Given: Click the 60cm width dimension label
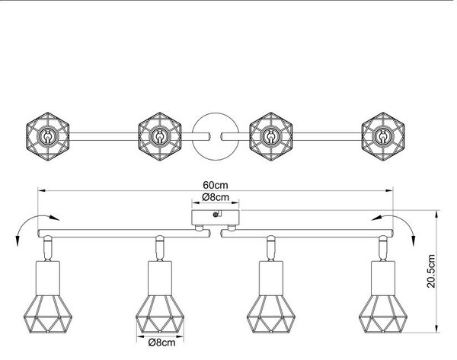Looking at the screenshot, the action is point(216,185).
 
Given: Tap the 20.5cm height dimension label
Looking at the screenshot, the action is point(431,271).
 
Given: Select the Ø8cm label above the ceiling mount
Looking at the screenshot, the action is point(216,197).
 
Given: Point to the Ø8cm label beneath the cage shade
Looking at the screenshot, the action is point(161,342).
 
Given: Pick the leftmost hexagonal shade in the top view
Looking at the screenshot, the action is point(47,136).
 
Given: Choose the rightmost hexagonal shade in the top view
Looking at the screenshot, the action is point(383,136).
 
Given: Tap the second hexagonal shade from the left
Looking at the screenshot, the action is point(160,136).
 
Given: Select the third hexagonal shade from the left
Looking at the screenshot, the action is point(271,136).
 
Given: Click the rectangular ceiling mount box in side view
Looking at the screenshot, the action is point(216,217).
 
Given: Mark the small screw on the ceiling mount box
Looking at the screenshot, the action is point(216,215).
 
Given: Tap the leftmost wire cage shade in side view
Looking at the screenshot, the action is point(47,314).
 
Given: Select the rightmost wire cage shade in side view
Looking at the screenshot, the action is point(383,314).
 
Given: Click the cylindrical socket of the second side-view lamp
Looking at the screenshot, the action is point(160,278).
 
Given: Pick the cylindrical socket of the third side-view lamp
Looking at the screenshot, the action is point(271,278).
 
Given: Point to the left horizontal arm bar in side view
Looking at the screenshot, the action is point(123,234).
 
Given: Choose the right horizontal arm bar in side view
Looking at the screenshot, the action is point(307,234).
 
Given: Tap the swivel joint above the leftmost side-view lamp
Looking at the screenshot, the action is point(47,248).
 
